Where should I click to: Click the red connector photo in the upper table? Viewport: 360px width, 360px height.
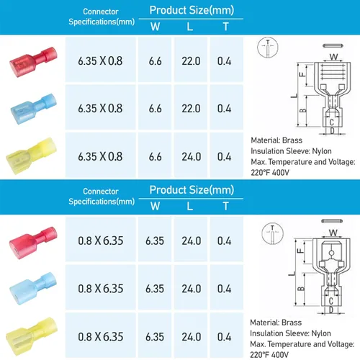click(x=33, y=62)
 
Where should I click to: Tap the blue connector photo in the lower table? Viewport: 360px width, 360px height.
click(x=33, y=289)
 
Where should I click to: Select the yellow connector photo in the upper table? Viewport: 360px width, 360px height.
click(x=31, y=156)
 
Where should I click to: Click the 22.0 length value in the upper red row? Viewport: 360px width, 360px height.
click(x=191, y=61)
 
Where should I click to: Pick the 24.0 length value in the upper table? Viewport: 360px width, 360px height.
click(x=192, y=157)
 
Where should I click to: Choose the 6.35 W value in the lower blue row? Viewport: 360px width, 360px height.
click(x=155, y=289)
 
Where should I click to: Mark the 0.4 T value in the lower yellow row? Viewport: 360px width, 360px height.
click(x=224, y=337)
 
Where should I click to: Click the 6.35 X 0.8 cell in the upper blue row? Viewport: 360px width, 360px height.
click(x=100, y=109)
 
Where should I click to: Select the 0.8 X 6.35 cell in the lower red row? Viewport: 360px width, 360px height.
click(x=101, y=240)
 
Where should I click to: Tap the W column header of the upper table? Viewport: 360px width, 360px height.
click(x=156, y=27)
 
